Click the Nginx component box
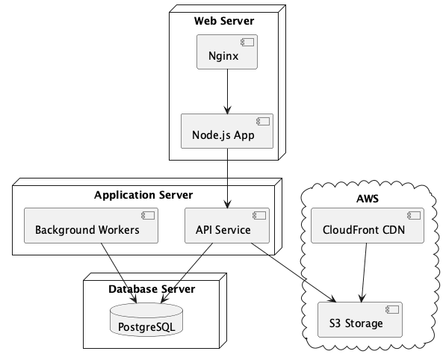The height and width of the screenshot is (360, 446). (x=227, y=52)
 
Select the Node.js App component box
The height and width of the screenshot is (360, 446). (x=227, y=131)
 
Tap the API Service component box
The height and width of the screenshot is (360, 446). (x=227, y=226)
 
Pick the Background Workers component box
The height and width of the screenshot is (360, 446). (x=91, y=226)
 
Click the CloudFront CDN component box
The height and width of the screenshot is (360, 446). (x=368, y=226)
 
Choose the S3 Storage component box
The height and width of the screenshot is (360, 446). (x=360, y=320)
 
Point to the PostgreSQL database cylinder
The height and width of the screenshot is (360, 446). (x=146, y=320)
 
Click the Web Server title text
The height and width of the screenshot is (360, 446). (x=224, y=21)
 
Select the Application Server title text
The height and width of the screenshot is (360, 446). (x=143, y=195)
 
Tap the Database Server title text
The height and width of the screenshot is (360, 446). (x=152, y=289)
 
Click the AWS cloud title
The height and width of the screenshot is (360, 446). (x=368, y=199)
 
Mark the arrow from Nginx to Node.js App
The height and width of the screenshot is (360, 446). (x=227, y=92)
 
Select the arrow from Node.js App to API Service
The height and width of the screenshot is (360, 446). (x=227, y=179)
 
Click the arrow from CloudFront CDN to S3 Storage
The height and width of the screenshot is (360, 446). (x=364, y=273)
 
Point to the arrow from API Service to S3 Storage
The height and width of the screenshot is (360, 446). (x=294, y=273)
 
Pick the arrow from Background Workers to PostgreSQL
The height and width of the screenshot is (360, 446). (x=119, y=273)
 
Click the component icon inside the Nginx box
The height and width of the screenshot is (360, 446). (x=247, y=43)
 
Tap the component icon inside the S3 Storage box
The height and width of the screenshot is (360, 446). (x=392, y=310)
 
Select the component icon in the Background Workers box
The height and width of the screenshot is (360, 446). (x=148, y=216)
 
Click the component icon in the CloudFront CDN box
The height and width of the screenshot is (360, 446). (x=414, y=216)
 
